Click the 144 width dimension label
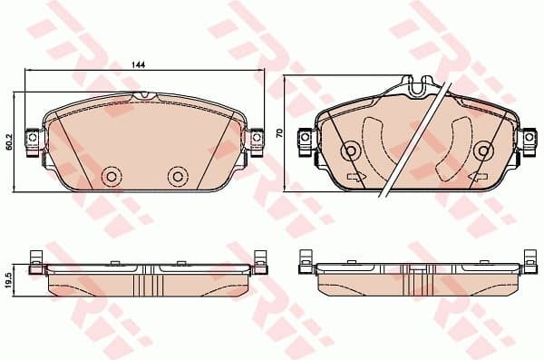pos(139,65)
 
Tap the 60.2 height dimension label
pos(9,141)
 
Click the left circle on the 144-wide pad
pos(112,176)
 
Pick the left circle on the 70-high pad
pos(349,151)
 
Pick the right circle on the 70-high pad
pos(483,151)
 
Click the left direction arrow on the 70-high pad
pos(355,175)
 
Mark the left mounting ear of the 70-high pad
pos(306,138)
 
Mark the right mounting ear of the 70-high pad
pos(527,138)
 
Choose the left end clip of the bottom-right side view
pos(306,260)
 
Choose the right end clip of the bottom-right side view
pos(527,260)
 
